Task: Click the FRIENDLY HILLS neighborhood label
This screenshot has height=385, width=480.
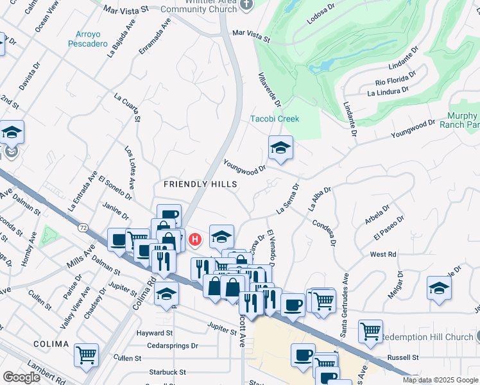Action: (x=200, y=184)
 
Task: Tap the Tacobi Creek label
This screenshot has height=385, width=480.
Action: (x=275, y=119)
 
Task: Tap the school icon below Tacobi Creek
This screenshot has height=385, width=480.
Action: (x=280, y=149)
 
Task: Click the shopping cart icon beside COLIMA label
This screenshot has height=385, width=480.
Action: (x=86, y=355)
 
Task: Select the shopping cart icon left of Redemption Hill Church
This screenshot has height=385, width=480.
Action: (x=370, y=332)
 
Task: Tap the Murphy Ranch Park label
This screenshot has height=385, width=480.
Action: (x=459, y=120)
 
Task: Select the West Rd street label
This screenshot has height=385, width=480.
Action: (x=382, y=255)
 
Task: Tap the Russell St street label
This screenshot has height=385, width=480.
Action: (x=402, y=357)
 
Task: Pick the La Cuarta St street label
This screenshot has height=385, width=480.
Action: (x=128, y=108)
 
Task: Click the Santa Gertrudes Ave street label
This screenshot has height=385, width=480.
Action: (x=344, y=305)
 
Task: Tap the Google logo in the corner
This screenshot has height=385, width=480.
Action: (x=21, y=377)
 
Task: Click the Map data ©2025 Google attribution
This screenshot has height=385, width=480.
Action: (x=440, y=380)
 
